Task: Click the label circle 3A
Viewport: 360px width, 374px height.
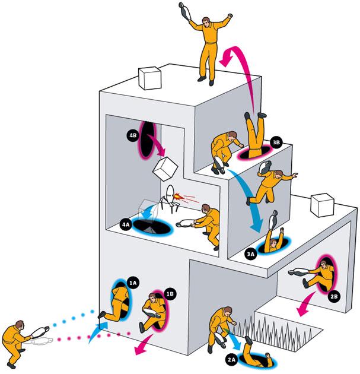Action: point(250,253)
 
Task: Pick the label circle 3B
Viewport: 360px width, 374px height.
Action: point(276,142)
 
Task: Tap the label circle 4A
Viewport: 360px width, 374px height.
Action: point(126,224)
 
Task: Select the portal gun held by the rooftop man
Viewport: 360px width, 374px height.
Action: point(185,11)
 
